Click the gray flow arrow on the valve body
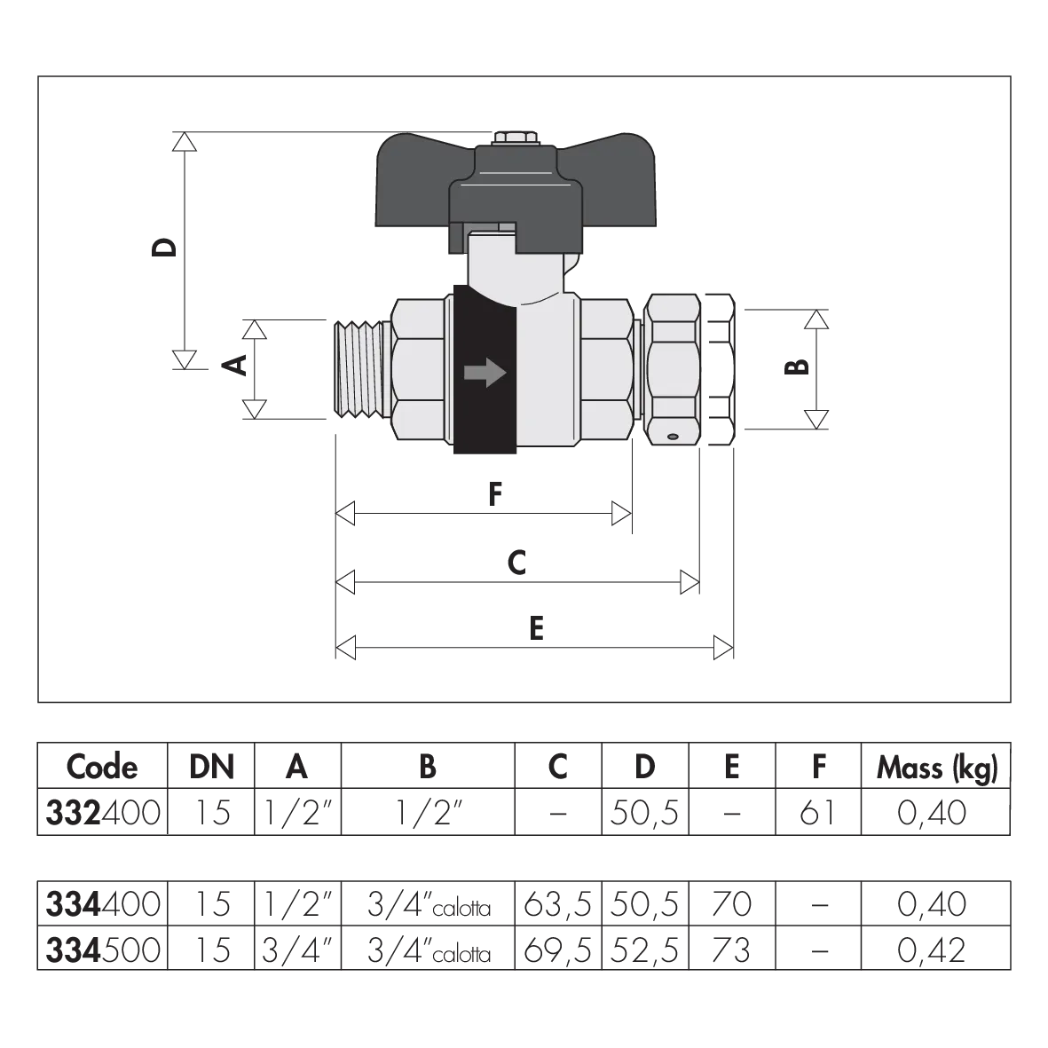[485, 373]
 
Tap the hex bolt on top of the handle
[516, 138]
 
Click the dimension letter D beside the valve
[164, 248]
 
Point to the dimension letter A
[235, 365]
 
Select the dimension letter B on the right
[797, 367]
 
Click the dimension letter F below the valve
[494, 494]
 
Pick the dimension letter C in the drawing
[516, 562]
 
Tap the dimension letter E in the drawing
[536, 628]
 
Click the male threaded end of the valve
[361, 369]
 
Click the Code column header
[102, 766]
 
